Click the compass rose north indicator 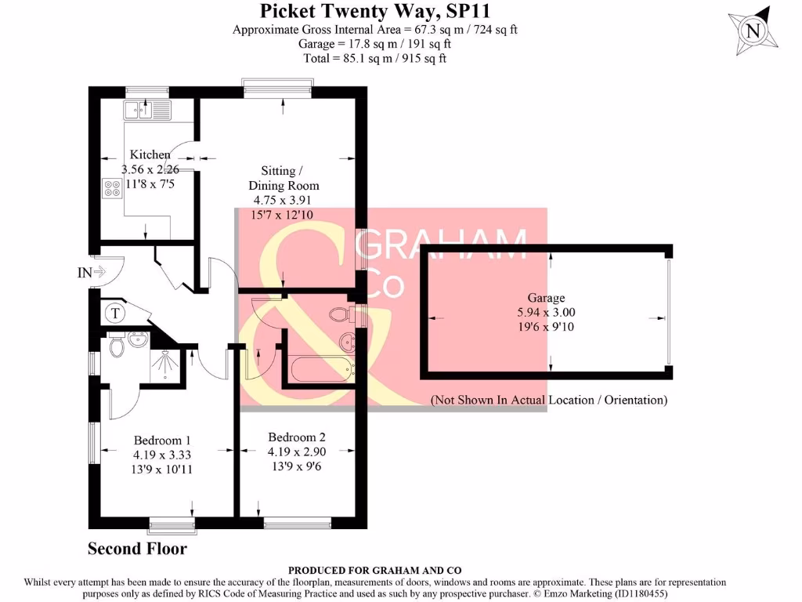pos(753,31)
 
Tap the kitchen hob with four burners pos(108,187)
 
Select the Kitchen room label pos(150,154)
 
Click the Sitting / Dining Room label pos(284,178)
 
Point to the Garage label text pos(546,298)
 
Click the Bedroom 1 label pos(161,440)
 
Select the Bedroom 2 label pos(296,437)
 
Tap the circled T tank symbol pos(116,314)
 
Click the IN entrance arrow pos(92,273)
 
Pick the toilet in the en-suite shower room pos(117,346)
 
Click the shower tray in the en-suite pos(166,363)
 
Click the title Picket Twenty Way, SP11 pos(375,11)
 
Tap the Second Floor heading pos(137,549)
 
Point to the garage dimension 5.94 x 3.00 pos(545,312)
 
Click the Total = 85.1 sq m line pos(375,58)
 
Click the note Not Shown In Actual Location pos(549,400)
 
